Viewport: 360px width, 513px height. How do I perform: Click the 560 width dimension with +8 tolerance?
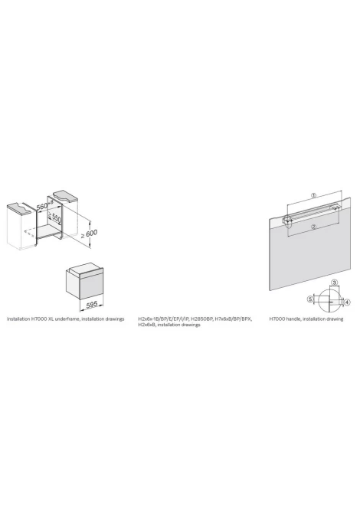pos(44,207)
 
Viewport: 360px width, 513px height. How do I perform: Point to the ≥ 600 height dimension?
pos(90,234)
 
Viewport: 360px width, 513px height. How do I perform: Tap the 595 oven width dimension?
pos(92,305)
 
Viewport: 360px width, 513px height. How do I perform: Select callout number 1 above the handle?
pos(313,195)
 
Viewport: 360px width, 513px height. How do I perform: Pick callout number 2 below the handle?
pos(313,227)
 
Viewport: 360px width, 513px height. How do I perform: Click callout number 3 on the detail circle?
pos(334,282)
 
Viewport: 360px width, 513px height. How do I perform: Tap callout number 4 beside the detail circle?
pos(347,302)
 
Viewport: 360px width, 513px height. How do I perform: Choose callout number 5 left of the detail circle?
pos(310,299)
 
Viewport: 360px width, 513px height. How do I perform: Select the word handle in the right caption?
pos(293,319)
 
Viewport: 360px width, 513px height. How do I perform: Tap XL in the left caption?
pos(51,319)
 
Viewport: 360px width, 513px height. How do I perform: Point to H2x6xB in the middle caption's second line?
pos(146,325)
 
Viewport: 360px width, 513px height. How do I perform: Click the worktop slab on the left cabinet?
pos(20,207)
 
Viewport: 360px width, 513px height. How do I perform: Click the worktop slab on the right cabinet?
pos(66,195)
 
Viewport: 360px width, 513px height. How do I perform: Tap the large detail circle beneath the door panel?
pos(330,299)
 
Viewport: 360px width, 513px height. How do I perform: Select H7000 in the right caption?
pos(277,319)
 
